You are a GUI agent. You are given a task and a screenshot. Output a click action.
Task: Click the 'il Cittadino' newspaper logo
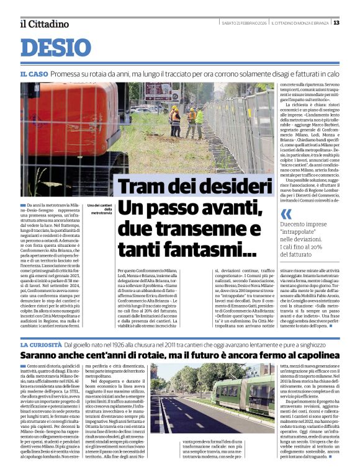click(x=44, y=24)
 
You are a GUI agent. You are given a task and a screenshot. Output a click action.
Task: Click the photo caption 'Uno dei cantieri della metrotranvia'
click(x=99, y=209)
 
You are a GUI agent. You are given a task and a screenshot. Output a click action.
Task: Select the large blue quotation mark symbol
click(x=286, y=214)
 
